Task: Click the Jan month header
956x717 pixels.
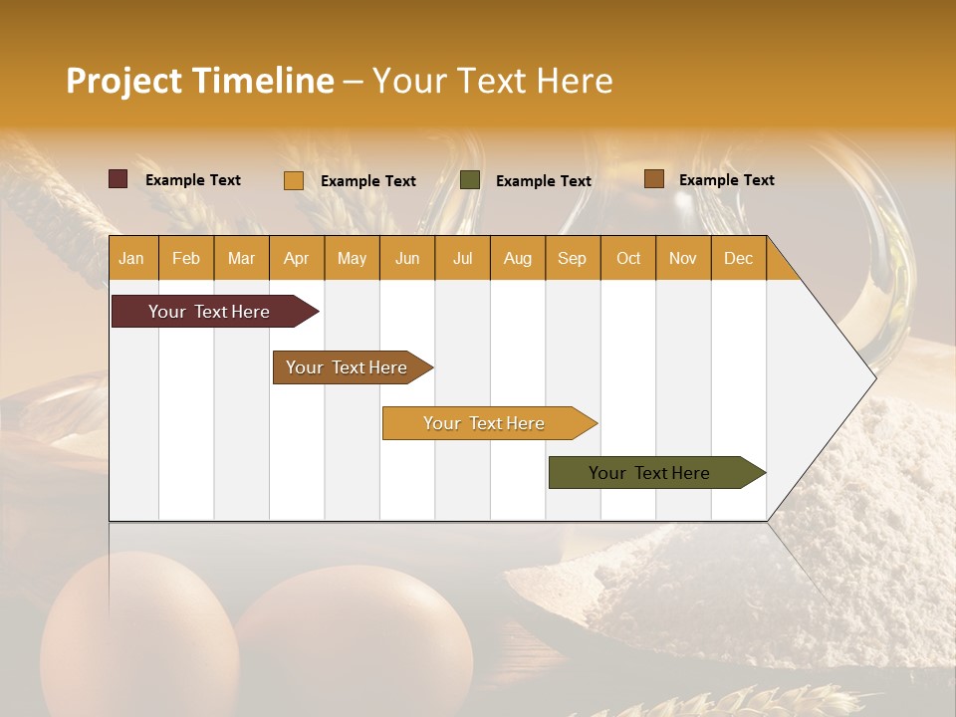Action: pyautogui.click(x=132, y=258)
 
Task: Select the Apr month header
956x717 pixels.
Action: pyautogui.click(x=297, y=258)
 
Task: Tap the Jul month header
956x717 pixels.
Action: pyautogui.click(x=463, y=258)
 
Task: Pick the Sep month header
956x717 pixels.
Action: pyautogui.click(x=573, y=258)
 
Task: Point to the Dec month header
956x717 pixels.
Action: pyautogui.click(x=738, y=258)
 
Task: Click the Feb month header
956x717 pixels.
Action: pyautogui.click(x=186, y=258)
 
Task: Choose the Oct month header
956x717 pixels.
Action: pyautogui.click(x=628, y=258)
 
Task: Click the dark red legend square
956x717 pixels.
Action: pyautogui.click(x=119, y=179)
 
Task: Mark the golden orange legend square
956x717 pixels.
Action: pyautogui.click(x=294, y=180)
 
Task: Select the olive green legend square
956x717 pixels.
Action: pyautogui.click(x=470, y=180)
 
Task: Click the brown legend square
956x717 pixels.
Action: pyautogui.click(x=654, y=179)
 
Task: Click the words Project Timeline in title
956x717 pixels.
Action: pyautogui.click(x=200, y=81)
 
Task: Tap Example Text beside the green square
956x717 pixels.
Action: pyautogui.click(x=543, y=181)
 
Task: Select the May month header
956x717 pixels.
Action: pyautogui.click(x=352, y=258)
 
